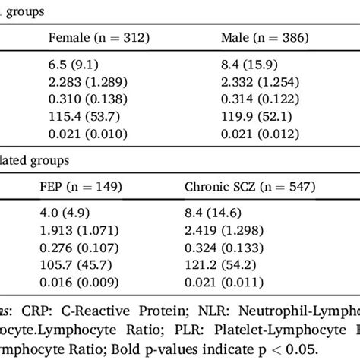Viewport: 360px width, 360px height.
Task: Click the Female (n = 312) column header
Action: pyautogui.click(x=98, y=37)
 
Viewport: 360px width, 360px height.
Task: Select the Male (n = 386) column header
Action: pyautogui.click(x=259, y=37)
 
